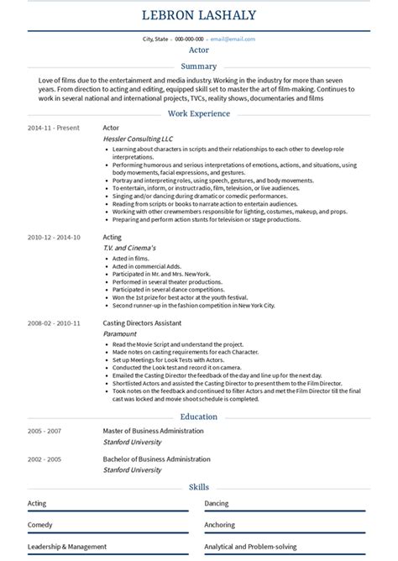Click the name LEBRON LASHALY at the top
199,15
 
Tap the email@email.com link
233,39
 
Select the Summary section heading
199,66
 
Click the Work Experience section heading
199,113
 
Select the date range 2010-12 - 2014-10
54,238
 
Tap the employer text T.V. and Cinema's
129,248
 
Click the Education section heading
199,417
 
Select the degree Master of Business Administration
153,431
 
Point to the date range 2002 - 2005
45,459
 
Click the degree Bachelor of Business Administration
156,459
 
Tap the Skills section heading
199,487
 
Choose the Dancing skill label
216,503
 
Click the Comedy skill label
39,525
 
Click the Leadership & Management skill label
67,547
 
